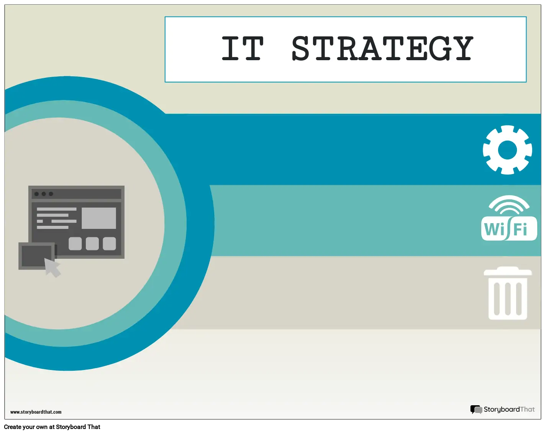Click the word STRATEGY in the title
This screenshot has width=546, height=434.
tap(382, 49)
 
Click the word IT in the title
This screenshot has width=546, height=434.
tap(243, 49)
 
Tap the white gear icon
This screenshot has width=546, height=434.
tap(507, 150)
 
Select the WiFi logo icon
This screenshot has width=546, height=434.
tap(509, 219)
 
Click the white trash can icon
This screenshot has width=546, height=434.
tap(508, 294)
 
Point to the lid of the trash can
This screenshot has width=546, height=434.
tap(508, 271)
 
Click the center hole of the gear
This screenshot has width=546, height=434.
tap(507, 150)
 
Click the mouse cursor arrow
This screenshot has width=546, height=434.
tap(52, 267)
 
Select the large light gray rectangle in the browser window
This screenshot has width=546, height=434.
tap(99, 218)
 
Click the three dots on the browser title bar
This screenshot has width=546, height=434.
tap(44, 194)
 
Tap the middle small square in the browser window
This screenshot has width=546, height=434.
tap(92, 243)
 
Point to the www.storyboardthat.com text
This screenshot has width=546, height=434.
tap(36, 412)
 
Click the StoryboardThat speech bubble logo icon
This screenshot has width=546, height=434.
tap(476, 409)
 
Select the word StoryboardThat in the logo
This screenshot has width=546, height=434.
tap(509, 409)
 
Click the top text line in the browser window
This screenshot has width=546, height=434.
tap(56, 209)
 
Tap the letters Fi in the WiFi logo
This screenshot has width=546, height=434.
tap(520, 230)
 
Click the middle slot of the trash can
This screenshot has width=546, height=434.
tap(508, 298)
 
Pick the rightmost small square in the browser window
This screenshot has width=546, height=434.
tap(110, 243)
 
